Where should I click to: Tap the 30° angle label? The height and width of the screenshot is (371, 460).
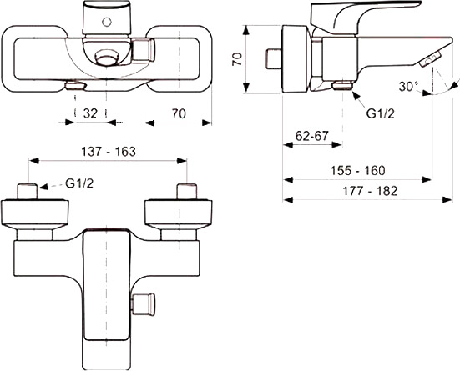(x=407, y=86)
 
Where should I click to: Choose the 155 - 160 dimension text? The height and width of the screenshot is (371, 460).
(x=356, y=170)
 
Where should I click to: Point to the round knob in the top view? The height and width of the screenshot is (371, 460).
(x=107, y=58)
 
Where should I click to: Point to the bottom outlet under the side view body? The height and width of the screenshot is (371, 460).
(x=341, y=85)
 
